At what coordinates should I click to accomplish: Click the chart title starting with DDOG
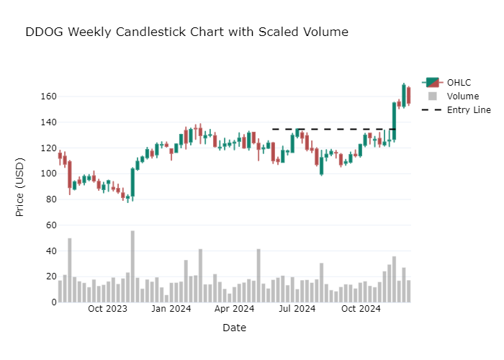tap(186, 32)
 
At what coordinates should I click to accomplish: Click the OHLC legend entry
tap(459, 82)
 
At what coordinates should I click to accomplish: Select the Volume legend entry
tap(462, 96)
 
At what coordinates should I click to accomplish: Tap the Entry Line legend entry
tap(468, 109)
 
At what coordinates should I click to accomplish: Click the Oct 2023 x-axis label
tap(107, 309)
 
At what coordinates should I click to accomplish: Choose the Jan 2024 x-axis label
tap(171, 309)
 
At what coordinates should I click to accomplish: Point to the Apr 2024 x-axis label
tap(234, 309)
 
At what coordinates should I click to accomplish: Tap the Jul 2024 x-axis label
tap(297, 309)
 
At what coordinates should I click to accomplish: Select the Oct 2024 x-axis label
tap(361, 309)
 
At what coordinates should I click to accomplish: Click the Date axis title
tap(234, 328)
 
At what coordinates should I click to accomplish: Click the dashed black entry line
tap(331, 130)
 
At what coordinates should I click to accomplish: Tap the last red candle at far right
tap(408, 96)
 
